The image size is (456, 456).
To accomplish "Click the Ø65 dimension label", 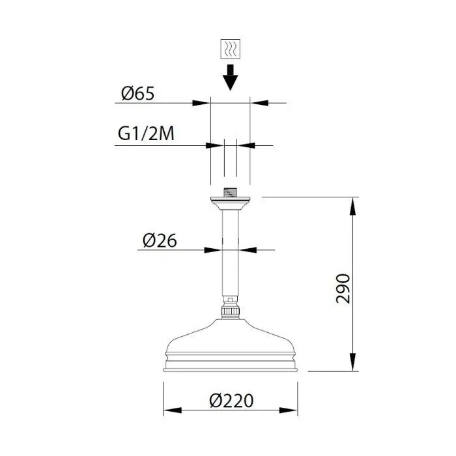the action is coord(138,94).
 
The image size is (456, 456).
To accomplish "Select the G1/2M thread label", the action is coord(146,134).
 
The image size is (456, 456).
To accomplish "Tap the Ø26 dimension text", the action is coord(160,241).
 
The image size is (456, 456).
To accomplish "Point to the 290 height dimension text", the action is coord(343,288).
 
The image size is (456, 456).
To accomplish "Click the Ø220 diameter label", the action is coord(231,401).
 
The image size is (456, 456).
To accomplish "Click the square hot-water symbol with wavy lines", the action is coord(231,49).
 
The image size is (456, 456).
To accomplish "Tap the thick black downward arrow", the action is coord(231,78).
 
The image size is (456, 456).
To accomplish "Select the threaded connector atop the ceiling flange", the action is coord(231,193).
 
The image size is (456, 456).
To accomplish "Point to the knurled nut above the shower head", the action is coord(231,312).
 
